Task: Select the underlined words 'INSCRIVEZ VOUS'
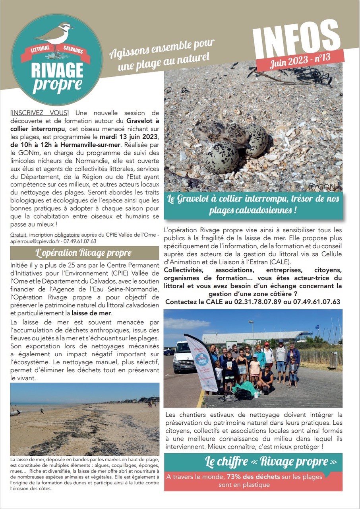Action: pos(39,113)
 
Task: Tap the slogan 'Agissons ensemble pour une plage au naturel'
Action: pos(162,54)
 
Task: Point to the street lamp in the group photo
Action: pos(252,334)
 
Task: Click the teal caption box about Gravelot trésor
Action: pos(253,204)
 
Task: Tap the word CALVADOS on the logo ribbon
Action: pos(74,52)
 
